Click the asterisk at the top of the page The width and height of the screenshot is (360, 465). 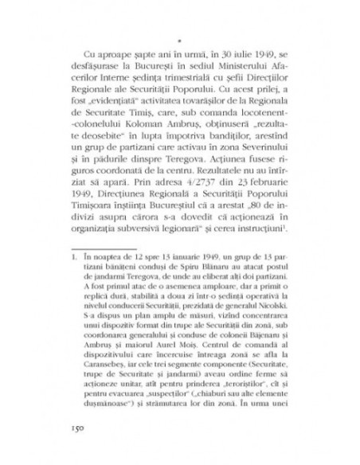(180, 37)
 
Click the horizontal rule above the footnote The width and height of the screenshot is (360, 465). (119, 248)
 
